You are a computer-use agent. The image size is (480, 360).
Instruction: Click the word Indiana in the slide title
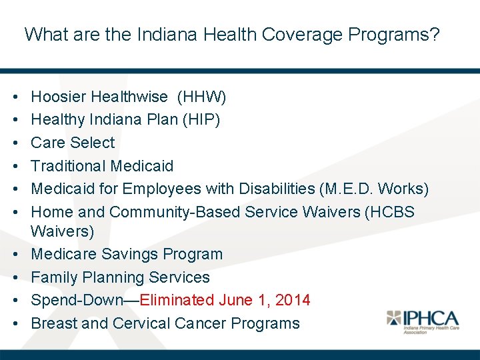tap(159, 35)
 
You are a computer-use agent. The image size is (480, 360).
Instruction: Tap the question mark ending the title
tap(435, 35)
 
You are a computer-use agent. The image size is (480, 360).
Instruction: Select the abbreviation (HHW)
tap(202, 97)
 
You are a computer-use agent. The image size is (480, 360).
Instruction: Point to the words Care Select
tap(73, 143)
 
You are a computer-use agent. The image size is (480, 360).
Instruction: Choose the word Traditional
tap(69, 166)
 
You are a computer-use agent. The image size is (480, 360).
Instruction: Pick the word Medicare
tap(64, 254)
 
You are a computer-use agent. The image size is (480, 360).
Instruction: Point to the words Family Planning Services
tap(120, 277)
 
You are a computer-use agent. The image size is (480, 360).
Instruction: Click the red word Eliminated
tap(177, 300)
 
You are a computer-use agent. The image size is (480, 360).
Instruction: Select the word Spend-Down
tap(77, 300)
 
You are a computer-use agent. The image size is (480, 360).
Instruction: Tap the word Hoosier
tap(59, 97)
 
